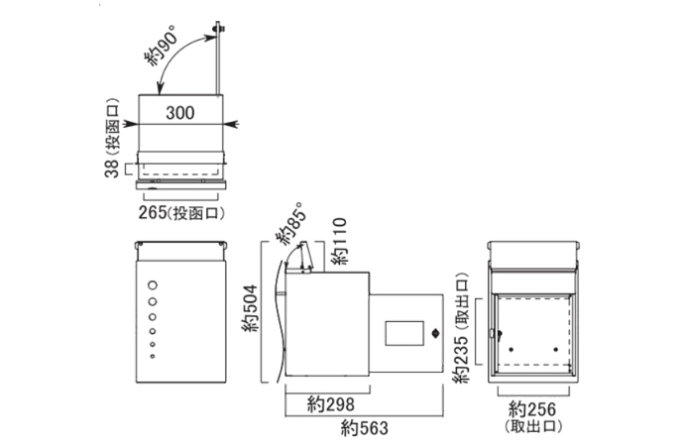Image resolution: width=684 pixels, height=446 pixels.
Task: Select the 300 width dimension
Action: pyautogui.click(x=179, y=112)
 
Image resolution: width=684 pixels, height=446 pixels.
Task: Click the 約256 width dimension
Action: pyautogui.click(x=531, y=408)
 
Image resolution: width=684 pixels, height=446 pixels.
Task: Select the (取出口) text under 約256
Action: pyautogui.click(x=532, y=427)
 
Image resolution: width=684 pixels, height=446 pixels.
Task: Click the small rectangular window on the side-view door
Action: pyautogui.click(x=401, y=331)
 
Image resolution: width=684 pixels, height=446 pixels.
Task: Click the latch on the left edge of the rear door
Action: pyautogui.click(x=492, y=334)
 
